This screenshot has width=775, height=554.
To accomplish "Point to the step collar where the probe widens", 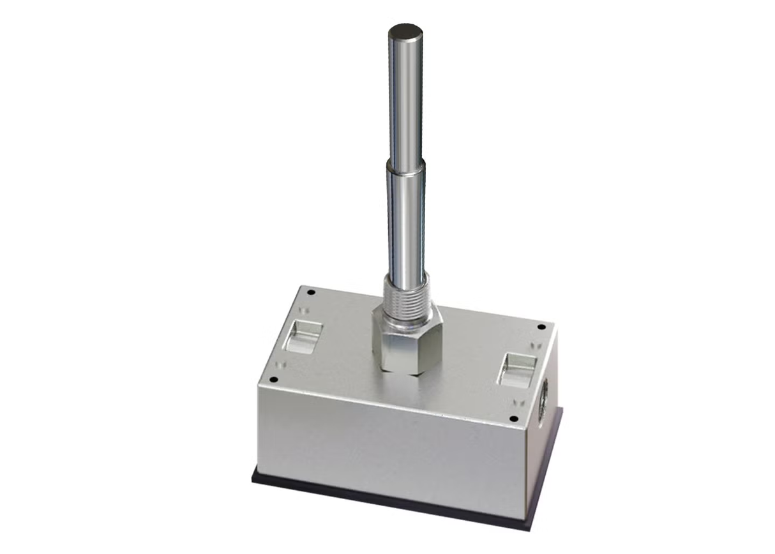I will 405,168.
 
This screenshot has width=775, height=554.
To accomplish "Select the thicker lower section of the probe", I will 405,223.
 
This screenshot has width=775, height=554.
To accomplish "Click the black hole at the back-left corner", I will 311,292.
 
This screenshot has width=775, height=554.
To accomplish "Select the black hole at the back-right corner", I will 541,327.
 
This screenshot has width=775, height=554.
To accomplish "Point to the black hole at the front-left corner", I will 273,380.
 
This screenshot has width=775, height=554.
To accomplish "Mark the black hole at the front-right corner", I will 513,419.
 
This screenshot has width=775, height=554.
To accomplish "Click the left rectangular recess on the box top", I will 303,337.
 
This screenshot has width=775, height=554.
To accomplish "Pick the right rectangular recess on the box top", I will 517,370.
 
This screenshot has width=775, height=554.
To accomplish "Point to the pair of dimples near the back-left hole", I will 304,310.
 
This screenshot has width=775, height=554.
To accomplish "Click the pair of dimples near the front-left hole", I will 279,365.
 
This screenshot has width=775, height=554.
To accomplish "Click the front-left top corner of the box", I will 259,385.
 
